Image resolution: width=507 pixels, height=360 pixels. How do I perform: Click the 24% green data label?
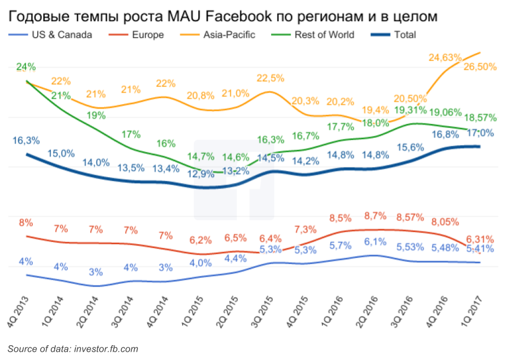(26, 67)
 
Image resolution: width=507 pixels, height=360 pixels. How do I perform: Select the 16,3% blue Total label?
(26, 141)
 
